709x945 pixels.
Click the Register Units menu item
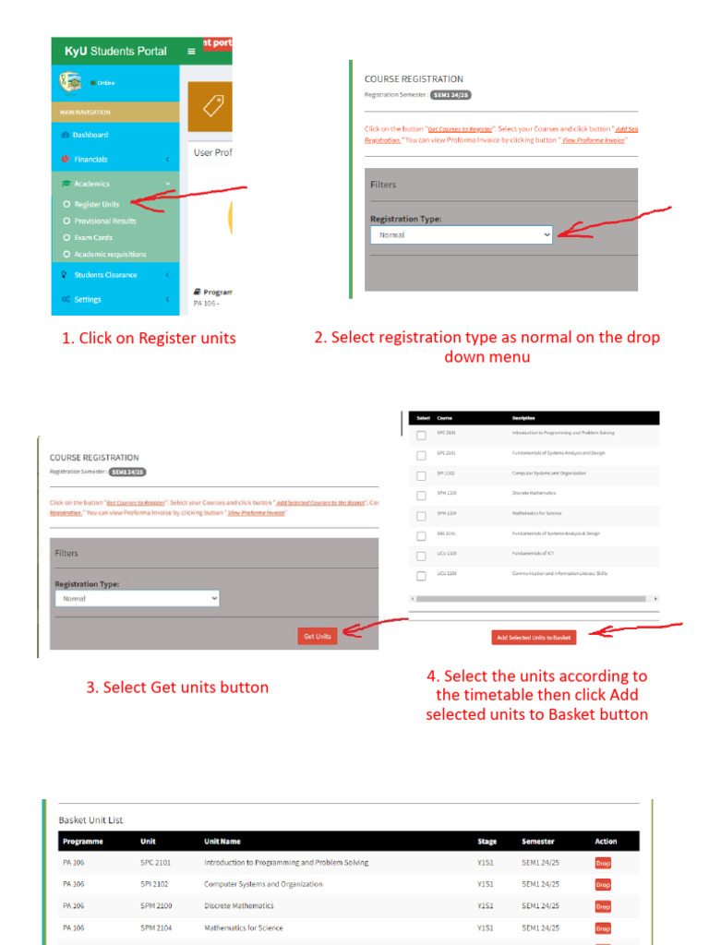96,204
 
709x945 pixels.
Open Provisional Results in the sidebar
104,221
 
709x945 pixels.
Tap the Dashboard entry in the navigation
90,135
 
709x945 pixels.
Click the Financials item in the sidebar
90,159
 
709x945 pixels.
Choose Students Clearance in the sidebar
105,275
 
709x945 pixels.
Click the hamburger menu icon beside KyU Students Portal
191,51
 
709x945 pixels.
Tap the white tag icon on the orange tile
213,106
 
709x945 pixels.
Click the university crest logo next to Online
70,82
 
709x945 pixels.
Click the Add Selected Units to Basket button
534,637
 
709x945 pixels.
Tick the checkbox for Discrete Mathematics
421,495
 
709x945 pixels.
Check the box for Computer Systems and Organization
421,474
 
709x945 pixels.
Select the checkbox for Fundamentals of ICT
421,556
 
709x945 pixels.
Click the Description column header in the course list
523,418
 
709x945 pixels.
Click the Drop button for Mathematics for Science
602,928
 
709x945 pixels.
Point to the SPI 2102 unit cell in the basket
154,884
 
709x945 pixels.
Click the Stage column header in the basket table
487,842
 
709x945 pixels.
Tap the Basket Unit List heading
90,819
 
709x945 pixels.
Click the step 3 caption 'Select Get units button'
177,688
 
